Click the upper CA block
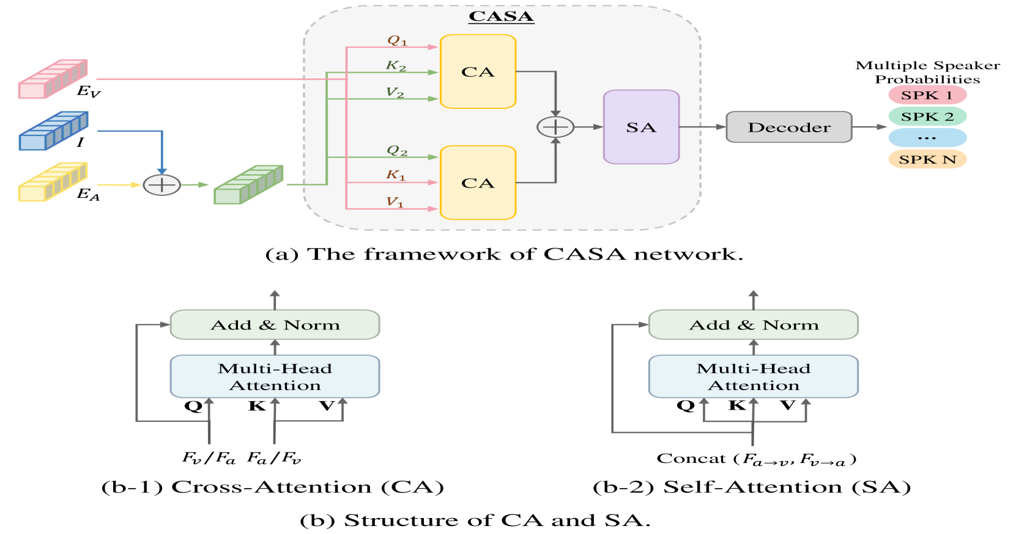478,72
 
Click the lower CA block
478,182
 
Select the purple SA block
642,127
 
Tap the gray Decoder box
789,127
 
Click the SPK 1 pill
927,96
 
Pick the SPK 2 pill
927,117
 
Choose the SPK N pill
927,159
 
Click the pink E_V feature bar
53,78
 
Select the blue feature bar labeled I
53,131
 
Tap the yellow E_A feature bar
53,182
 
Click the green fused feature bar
248,184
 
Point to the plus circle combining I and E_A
162,185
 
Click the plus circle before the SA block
555,127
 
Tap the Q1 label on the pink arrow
398,40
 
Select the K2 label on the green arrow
396,66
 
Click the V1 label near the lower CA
395,202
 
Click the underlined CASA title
501,17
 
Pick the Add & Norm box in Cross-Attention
275,325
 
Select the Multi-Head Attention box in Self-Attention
754,377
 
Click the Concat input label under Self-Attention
756,459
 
